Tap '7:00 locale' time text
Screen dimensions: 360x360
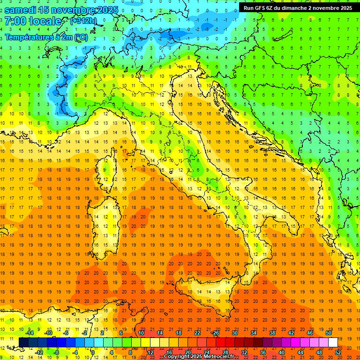33,21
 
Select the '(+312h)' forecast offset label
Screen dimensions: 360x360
84,21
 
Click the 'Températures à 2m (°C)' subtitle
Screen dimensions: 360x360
46,37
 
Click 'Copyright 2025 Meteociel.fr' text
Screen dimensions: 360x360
199,356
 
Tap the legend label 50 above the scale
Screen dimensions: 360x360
328,333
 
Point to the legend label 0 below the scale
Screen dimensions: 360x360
93,352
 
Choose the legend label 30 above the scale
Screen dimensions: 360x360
234,333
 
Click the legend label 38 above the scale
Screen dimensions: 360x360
272,333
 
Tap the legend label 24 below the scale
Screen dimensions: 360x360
206,352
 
